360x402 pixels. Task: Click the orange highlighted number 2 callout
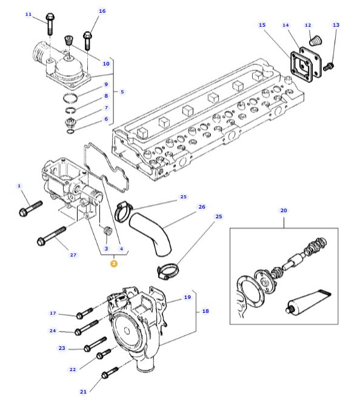coord(114,264)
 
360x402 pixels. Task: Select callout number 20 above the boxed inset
coord(284,210)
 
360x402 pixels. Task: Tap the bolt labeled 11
coord(50,24)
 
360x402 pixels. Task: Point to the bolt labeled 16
coord(87,41)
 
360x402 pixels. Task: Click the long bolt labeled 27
coord(52,236)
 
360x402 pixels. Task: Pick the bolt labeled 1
coord(31,208)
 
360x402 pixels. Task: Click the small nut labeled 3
coord(107,230)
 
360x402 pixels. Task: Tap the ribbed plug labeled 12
coord(315,41)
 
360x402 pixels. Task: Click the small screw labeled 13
coord(328,67)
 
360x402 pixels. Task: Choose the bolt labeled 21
coord(110,372)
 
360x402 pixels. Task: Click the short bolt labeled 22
coord(104,354)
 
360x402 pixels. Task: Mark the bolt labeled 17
coord(85,313)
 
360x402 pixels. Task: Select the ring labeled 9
coord(70,98)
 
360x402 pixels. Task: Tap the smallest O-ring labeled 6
coord(70,132)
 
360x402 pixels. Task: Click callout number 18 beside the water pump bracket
coord(205,311)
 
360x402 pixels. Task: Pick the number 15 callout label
coord(262,25)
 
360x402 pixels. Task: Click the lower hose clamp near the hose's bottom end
coord(168,272)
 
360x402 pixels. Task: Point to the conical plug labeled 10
coord(68,40)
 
